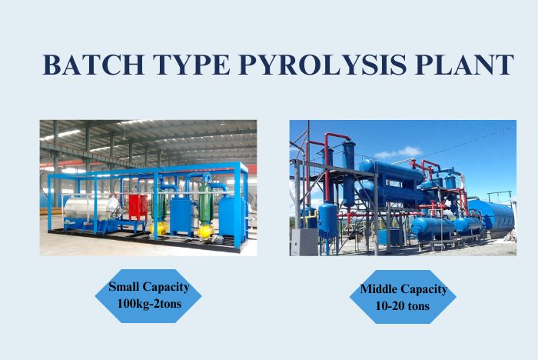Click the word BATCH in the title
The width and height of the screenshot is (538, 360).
pyautogui.click(x=93, y=65)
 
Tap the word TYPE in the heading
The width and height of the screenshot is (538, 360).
pyautogui.click(x=191, y=65)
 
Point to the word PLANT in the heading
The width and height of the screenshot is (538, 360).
pyautogui.click(x=464, y=65)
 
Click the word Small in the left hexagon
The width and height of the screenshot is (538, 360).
pyautogui.click(x=124, y=286)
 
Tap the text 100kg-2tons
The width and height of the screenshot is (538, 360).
pyautogui.click(x=149, y=304)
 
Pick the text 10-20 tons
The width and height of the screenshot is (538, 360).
pyautogui.click(x=403, y=305)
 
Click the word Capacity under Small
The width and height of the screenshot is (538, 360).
pyautogui.click(x=166, y=287)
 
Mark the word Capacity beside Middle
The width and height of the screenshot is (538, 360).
pyautogui.click(x=423, y=289)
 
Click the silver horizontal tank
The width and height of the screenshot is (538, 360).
pyautogui.click(x=91, y=207)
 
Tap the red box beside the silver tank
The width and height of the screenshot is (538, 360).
pyautogui.click(x=138, y=207)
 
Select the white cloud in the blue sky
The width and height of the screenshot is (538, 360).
pyautogui.click(x=398, y=152)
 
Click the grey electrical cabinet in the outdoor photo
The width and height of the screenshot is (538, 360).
pyautogui.click(x=304, y=242)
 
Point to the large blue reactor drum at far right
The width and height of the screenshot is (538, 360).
pyautogui.click(x=492, y=218)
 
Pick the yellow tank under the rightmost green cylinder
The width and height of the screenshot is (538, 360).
pyautogui.click(x=205, y=232)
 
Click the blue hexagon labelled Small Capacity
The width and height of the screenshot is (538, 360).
pyautogui.click(x=148, y=295)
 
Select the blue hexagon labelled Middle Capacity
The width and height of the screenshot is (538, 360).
pyautogui.click(x=403, y=297)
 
